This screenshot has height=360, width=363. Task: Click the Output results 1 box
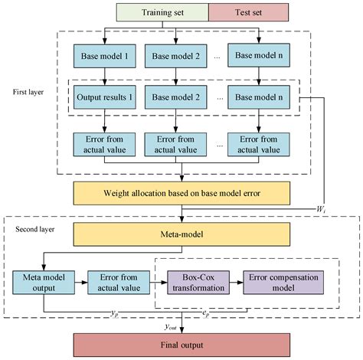click(x=104, y=99)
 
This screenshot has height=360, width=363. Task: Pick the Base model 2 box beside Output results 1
click(x=181, y=99)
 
